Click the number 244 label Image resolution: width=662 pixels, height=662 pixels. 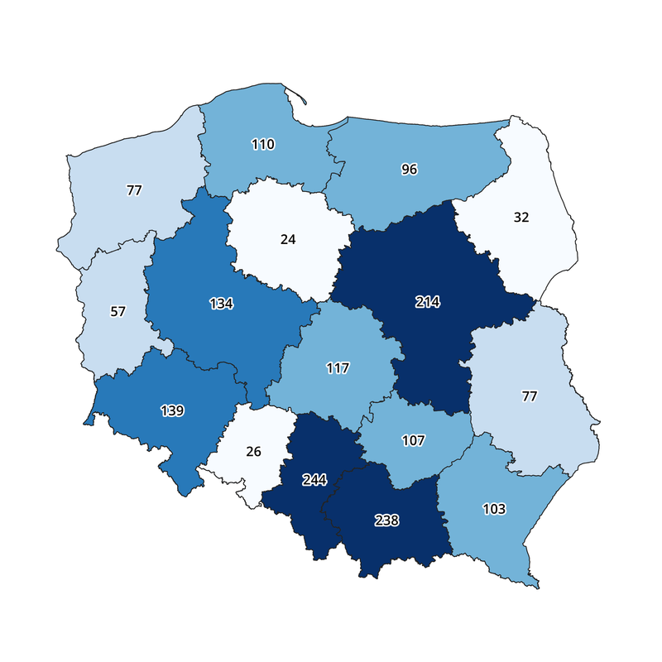pos(314,480)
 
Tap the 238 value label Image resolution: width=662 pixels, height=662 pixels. pos(386,520)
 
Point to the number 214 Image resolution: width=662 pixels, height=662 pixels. pos(427,302)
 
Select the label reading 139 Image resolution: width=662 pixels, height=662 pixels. pos(172,410)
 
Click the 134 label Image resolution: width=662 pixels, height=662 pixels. pos(221,303)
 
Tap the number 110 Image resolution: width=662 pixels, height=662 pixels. pos(263,144)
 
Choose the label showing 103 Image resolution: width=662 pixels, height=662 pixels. pos(494,508)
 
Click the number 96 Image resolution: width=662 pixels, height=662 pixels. pos(409,170)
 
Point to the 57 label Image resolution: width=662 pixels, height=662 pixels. pos(118,311)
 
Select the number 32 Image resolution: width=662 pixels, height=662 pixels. pos(520,218)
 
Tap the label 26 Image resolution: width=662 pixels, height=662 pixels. pos(253,452)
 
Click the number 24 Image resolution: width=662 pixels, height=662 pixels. pos(287,239)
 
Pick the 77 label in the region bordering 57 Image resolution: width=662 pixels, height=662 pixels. pos(134,190)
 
